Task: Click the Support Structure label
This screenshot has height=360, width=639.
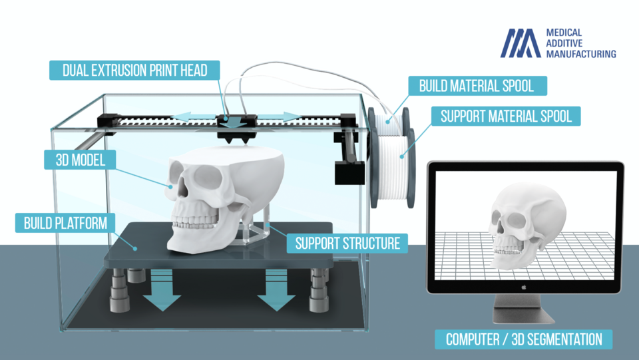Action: click(347, 243)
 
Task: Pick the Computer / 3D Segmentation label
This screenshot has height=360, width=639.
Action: click(524, 339)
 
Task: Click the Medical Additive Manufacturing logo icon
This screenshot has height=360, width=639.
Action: click(521, 43)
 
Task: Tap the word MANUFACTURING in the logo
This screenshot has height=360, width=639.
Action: click(580, 53)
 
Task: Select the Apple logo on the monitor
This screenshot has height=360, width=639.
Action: click(525, 287)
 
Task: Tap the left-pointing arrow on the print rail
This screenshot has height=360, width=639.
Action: click(190, 117)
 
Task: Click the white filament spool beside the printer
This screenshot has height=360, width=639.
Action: click(393, 159)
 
